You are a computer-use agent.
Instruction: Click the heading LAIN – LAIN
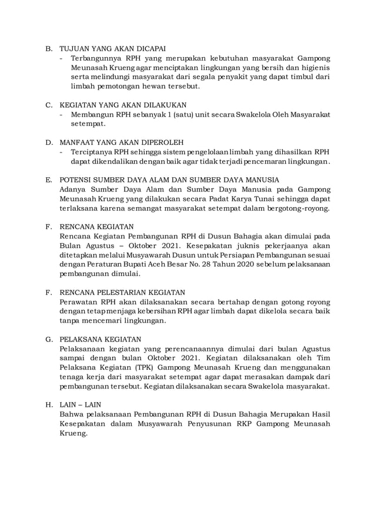(x=81, y=404)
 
